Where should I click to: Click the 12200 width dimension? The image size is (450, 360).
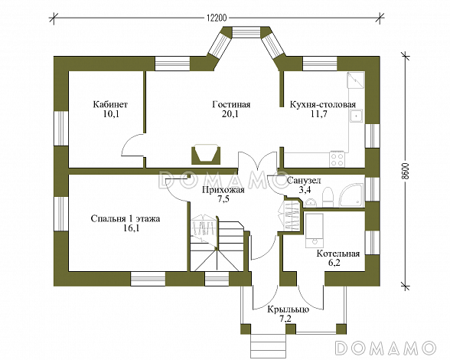(217, 18)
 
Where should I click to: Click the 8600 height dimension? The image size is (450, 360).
(405, 172)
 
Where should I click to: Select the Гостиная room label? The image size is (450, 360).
(231, 104)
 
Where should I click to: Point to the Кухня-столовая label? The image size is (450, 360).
(323, 104)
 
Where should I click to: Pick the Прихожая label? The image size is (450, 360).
(223, 190)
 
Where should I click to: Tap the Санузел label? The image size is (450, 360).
(304, 181)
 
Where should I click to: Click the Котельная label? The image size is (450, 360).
(338, 254)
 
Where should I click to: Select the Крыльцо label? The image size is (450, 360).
(288, 309)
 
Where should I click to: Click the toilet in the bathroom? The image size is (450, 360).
(328, 197)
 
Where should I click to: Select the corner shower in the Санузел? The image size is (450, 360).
(351, 195)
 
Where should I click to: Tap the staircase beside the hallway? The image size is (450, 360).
(217, 244)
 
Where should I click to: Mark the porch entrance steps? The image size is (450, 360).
(269, 345)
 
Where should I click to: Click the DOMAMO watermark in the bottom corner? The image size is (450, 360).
(385, 347)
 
